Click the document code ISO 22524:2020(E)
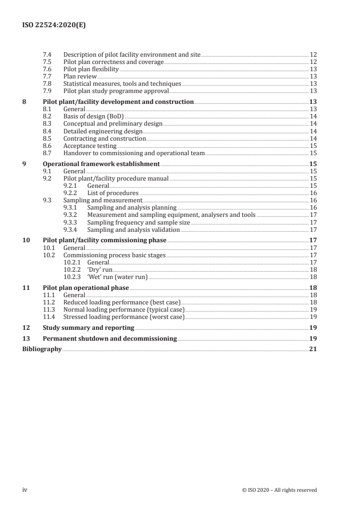tap(54, 26)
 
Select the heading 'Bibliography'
tap(42, 349)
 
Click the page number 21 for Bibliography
tap(313, 349)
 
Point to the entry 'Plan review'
tap(79, 76)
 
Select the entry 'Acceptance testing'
tap(89, 146)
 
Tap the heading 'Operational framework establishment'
tap(101, 164)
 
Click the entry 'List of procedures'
tap(113, 193)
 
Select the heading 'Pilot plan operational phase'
tap(85, 288)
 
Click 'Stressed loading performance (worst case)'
tap(123, 317)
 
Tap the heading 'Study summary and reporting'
tap(88, 328)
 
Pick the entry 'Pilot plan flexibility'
tap(91, 69)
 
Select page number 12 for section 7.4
tap(313, 54)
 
